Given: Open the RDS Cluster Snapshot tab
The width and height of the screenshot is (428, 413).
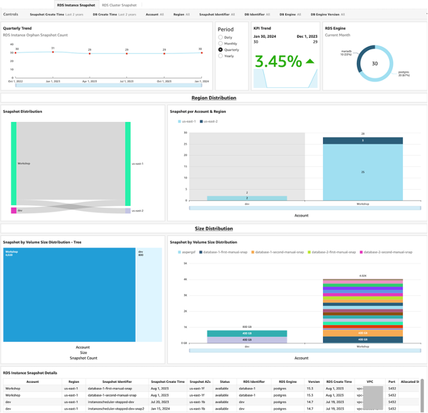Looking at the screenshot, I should pyautogui.click(x=119, y=5).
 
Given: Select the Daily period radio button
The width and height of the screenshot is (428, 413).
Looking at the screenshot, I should pyautogui.click(x=221, y=38).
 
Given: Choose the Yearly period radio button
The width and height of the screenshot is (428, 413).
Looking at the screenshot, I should pyautogui.click(x=221, y=56).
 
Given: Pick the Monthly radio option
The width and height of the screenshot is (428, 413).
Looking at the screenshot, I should pyautogui.click(x=221, y=44).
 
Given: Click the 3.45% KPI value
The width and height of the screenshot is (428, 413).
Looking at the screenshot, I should pyautogui.click(x=277, y=62).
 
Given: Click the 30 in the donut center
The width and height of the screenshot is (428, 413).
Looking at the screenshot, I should pyautogui.click(x=375, y=63).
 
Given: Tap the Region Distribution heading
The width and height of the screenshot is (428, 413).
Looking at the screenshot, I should pyautogui.click(x=213, y=98).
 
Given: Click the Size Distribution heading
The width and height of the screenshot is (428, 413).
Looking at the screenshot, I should pyautogui.click(x=213, y=228).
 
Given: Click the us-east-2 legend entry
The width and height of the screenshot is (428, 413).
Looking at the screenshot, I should pyautogui.click(x=209, y=121).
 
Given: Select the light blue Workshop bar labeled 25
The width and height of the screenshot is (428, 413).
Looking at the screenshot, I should pyautogui.click(x=363, y=172).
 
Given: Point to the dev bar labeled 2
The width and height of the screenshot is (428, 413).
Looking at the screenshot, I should pyautogui.click(x=247, y=198).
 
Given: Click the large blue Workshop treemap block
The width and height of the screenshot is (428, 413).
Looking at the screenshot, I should pyautogui.click(x=69, y=295).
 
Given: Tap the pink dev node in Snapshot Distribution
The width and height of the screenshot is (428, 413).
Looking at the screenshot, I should pyautogui.click(x=13, y=210).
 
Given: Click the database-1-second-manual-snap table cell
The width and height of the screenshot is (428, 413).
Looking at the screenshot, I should pyautogui.click(x=116, y=395).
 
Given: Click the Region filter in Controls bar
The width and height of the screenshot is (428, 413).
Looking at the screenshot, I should pyautogui.click(x=181, y=14).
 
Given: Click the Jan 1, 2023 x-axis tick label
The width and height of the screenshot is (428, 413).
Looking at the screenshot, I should pyautogui.click(x=53, y=82).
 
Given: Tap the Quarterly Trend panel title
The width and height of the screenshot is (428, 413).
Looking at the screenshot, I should pyautogui.click(x=17, y=28).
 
